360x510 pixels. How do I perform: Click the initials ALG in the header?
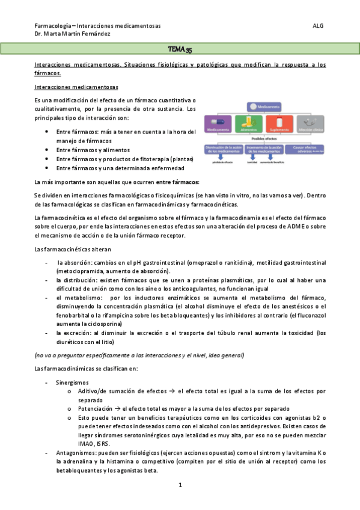(x=319, y=26)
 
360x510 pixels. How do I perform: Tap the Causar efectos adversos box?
(x=308, y=149)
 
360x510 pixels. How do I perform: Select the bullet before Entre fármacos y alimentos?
(x=47, y=150)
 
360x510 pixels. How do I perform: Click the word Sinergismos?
(x=72, y=382)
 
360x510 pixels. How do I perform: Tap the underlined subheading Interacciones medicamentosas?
(x=76, y=87)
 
